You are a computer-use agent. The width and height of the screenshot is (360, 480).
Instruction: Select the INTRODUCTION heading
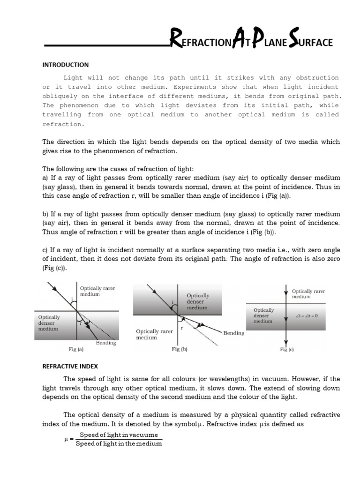pyautogui.click(x=66, y=65)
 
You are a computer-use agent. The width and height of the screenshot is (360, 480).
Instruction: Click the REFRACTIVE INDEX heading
pyautogui.click(x=70, y=367)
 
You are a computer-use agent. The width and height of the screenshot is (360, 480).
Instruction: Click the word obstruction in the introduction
pyautogui.click(x=315, y=77)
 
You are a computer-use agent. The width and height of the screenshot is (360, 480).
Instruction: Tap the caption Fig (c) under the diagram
pyautogui.click(x=287, y=349)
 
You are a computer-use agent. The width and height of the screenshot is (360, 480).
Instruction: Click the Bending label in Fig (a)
pyautogui.click(x=106, y=343)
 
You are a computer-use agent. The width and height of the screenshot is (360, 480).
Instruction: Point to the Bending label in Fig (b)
pyautogui.click(x=233, y=333)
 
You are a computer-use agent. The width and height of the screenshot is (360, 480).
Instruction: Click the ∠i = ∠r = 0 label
pyautogui.click(x=307, y=315)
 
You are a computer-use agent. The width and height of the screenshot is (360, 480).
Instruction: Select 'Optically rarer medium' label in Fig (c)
pyautogui.click(x=308, y=294)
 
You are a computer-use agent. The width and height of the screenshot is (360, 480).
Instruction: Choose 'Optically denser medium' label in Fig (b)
pyautogui.click(x=198, y=302)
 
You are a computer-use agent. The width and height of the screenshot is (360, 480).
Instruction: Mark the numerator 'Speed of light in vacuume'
pyautogui.click(x=119, y=435)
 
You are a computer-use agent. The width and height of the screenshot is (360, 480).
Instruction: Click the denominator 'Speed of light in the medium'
pyautogui.click(x=119, y=443)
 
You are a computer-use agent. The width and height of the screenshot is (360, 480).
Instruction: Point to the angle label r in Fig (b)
pyautogui.click(x=181, y=328)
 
